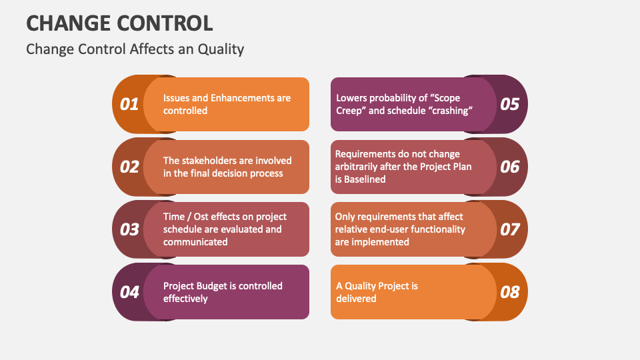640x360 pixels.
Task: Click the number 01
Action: point(129,104)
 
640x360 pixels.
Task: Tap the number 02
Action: point(129,167)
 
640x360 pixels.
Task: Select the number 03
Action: point(129,229)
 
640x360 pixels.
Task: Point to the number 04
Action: point(129,292)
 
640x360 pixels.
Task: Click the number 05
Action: point(510,104)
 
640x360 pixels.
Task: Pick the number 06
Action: point(510,167)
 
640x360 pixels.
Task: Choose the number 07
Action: point(510,229)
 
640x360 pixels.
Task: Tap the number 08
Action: point(510,292)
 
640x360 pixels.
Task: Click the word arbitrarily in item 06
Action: point(361,167)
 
